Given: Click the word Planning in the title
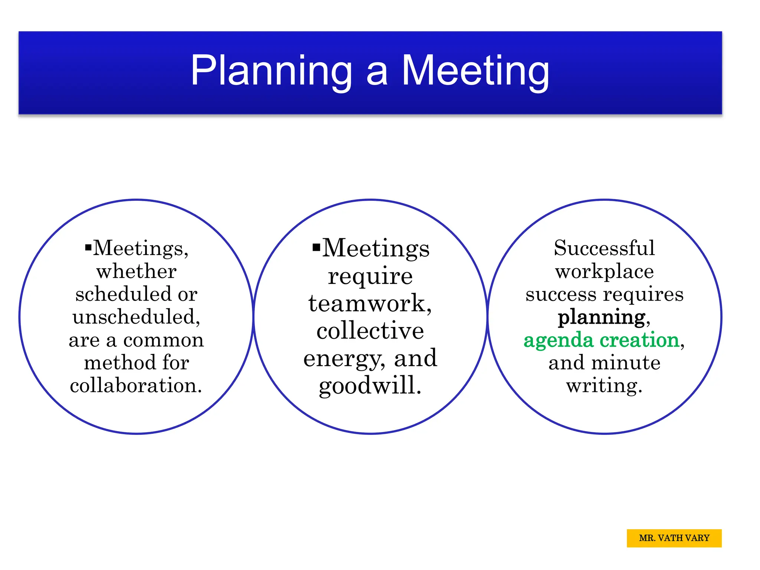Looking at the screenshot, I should (271, 71).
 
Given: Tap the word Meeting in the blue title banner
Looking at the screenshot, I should (475, 71).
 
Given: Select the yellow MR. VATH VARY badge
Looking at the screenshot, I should (674, 538).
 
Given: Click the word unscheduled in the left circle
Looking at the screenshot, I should (136, 317).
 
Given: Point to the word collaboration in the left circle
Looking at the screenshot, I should (136, 385).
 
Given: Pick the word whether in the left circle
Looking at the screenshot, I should (136, 271).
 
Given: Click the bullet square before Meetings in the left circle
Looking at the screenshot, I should (88, 248).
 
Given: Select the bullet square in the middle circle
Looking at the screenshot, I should (316, 247).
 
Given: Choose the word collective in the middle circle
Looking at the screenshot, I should (370, 331).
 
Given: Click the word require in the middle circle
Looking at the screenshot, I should (370, 276).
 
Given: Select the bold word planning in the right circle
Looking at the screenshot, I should (602, 317).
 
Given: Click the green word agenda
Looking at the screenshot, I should (558, 340).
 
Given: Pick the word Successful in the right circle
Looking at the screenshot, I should (604, 248).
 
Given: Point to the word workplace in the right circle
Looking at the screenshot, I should (604, 272).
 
